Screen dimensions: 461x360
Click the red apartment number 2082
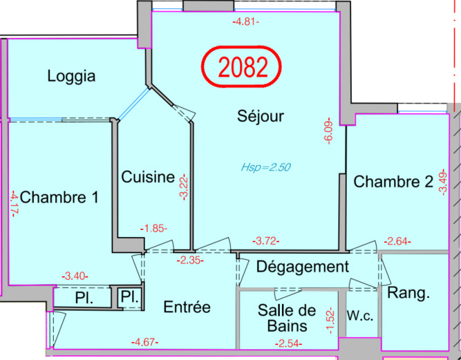243,67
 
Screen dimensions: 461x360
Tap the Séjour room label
261,116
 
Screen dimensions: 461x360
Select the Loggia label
71,77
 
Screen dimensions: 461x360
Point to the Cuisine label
148,177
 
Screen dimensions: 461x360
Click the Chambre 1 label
59,197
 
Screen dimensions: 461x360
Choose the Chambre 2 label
393,181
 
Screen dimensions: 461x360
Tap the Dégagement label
303,267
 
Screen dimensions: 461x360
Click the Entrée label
187,307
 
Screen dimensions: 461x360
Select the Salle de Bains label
287,319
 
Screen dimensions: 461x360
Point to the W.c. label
360,316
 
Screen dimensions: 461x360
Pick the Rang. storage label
408,293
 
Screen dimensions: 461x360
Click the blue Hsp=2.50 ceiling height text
266,167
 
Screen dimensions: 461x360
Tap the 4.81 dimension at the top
246,21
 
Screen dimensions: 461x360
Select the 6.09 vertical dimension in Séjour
329,131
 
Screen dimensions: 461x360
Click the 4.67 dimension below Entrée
145,342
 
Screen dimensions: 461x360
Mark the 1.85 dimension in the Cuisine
153,228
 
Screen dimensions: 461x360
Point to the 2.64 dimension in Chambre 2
397,242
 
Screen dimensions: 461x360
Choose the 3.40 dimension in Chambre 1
75,276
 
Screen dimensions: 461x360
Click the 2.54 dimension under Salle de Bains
289,343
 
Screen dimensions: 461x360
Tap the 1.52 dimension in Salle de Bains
331,321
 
